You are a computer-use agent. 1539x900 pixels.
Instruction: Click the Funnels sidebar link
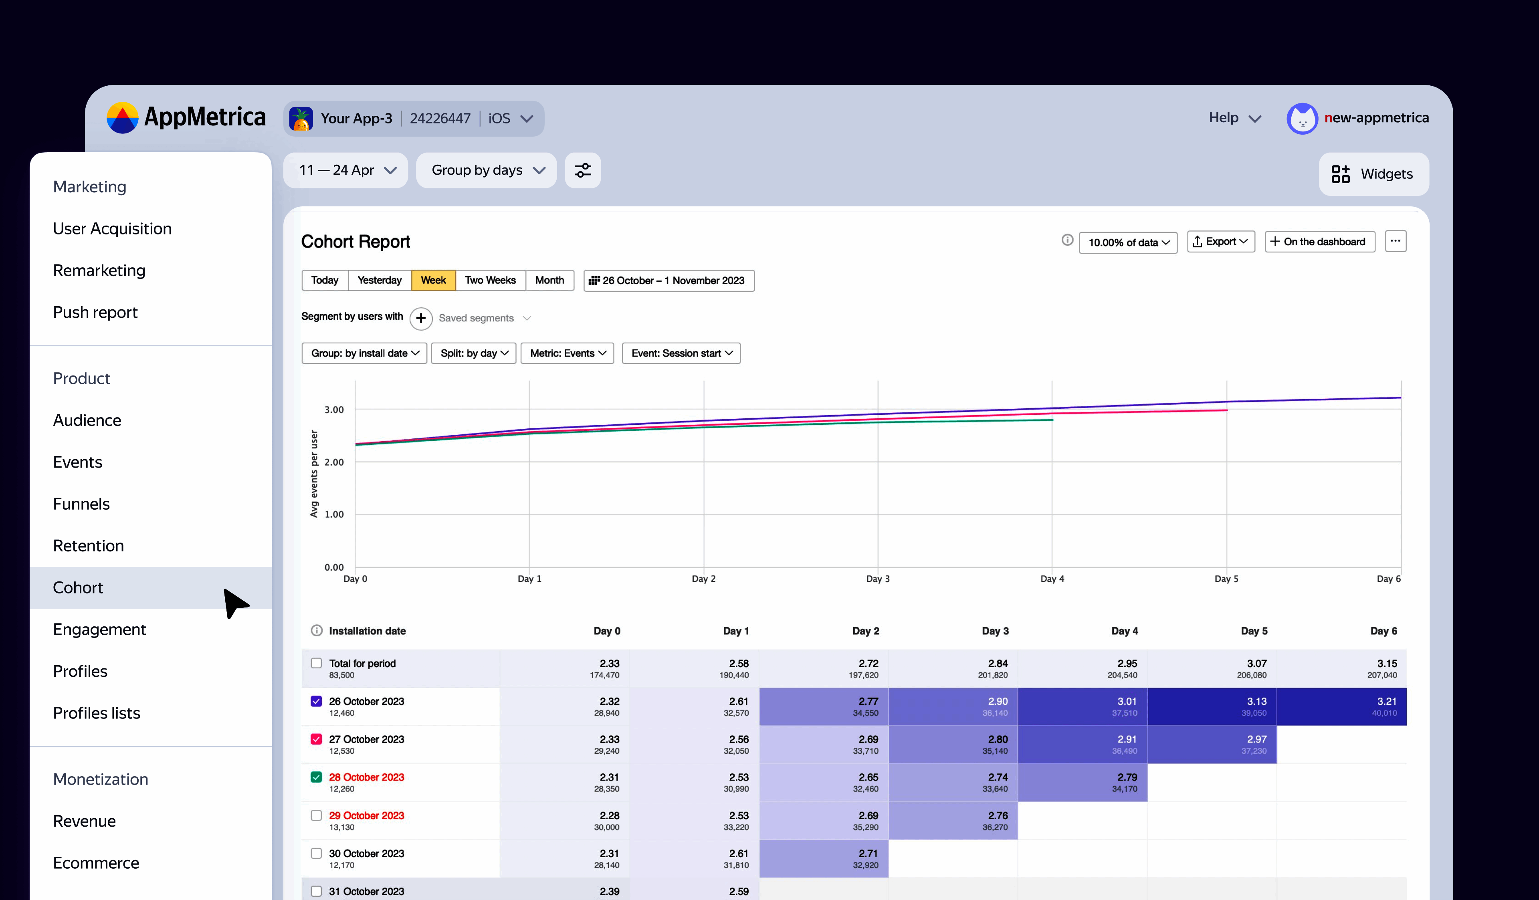[81, 504]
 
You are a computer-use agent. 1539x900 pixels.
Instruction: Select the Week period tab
[433, 280]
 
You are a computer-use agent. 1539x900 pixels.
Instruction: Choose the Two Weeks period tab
[490, 280]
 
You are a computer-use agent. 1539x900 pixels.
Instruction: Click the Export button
[1220, 242]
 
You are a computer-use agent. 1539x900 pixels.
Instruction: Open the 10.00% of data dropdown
[1127, 242]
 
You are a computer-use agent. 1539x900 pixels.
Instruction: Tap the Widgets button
[1373, 174]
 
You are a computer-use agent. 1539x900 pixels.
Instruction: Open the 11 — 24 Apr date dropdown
[346, 170]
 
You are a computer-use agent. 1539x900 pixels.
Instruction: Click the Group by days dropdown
[487, 170]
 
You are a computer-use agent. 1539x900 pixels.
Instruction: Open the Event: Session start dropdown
[681, 353]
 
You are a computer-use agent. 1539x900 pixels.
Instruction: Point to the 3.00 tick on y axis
[334, 409]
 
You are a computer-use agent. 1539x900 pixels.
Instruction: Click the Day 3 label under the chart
[878, 579]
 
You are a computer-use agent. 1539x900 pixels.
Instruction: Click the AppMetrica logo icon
[122, 118]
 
